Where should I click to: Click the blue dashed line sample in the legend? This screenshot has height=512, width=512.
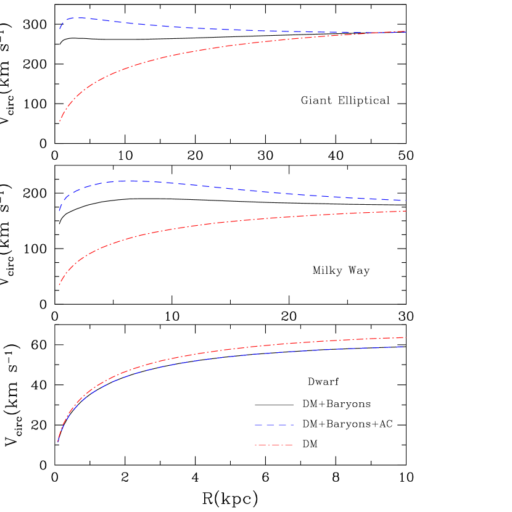[274, 425]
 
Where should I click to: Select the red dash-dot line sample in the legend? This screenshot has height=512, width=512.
[274, 445]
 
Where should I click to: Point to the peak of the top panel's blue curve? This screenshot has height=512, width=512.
[80, 18]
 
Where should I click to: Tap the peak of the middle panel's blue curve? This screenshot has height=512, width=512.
[131, 181]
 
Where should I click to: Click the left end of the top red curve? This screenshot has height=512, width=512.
[60, 120]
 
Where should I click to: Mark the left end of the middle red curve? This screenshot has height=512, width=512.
[59, 284]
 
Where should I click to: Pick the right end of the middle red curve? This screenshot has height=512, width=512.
[406, 212]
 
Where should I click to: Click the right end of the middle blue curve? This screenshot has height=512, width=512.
[404, 200]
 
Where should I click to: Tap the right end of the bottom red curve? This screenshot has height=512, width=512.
[405, 337]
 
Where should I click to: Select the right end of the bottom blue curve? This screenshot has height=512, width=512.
[404, 347]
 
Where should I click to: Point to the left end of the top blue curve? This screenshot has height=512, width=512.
[60, 28]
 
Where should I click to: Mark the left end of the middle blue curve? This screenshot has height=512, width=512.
[59, 210]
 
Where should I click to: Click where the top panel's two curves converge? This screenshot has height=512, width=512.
[404, 31]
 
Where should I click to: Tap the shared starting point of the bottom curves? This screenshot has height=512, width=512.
[58, 441]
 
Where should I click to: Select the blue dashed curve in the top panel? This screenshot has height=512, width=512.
[216, 29]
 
